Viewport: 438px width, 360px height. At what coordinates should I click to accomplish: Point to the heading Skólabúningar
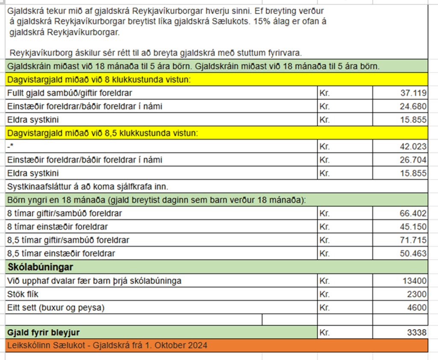[41, 268]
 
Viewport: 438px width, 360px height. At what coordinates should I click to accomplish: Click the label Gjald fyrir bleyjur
[44, 332]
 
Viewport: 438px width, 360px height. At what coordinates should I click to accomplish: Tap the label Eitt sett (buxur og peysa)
[56, 308]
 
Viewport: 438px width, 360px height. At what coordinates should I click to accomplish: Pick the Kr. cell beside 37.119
[325, 93]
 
